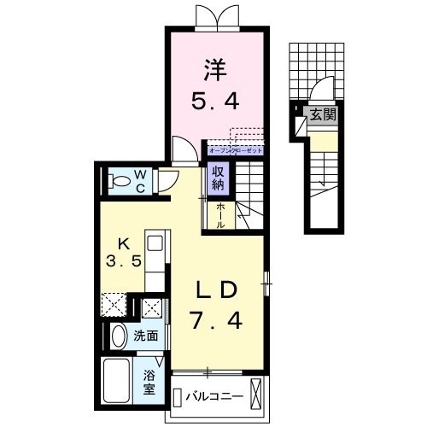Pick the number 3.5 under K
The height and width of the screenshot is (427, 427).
click(123, 261)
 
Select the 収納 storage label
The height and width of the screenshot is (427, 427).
click(219, 180)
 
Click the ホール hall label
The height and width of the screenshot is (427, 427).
click(219, 214)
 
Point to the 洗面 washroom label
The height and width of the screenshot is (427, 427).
click(146, 336)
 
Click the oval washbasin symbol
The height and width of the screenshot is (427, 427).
click(119, 336)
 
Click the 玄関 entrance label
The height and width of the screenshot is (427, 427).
click(319, 112)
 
